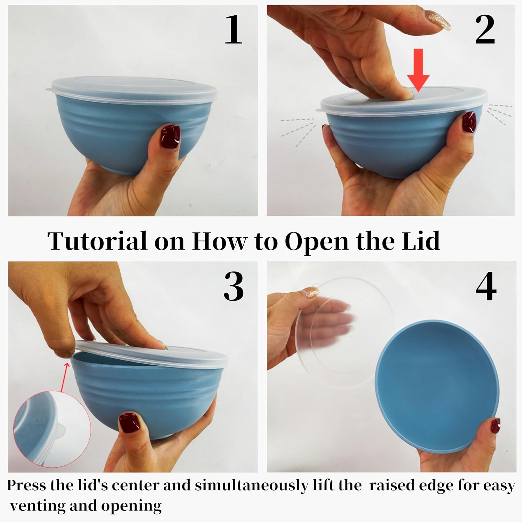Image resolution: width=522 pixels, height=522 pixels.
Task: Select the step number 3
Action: point(234,286)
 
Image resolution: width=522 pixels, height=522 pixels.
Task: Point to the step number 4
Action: point(486,286)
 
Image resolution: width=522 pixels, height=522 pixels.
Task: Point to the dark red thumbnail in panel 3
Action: point(129,424)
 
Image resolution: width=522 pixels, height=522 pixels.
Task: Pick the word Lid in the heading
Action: point(421,241)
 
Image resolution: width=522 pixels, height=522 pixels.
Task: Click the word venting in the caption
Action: point(38,506)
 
